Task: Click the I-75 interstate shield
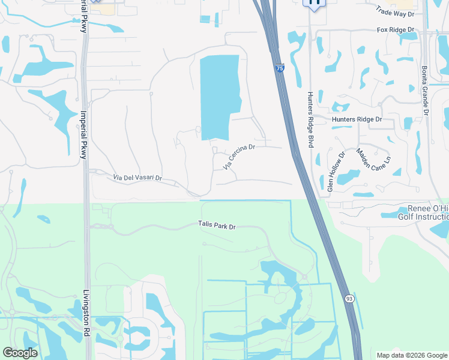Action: click(x=280, y=69)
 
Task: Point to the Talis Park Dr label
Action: click(x=217, y=226)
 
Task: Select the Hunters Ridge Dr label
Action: click(x=357, y=119)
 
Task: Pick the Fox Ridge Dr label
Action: click(x=396, y=29)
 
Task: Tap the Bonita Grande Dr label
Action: click(x=425, y=90)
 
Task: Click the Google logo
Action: click(x=20, y=353)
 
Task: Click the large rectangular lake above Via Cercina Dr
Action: click(x=218, y=96)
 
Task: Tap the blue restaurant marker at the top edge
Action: click(x=314, y=4)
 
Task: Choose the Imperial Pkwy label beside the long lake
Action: click(x=84, y=134)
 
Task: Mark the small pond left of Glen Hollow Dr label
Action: click(x=317, y=159)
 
